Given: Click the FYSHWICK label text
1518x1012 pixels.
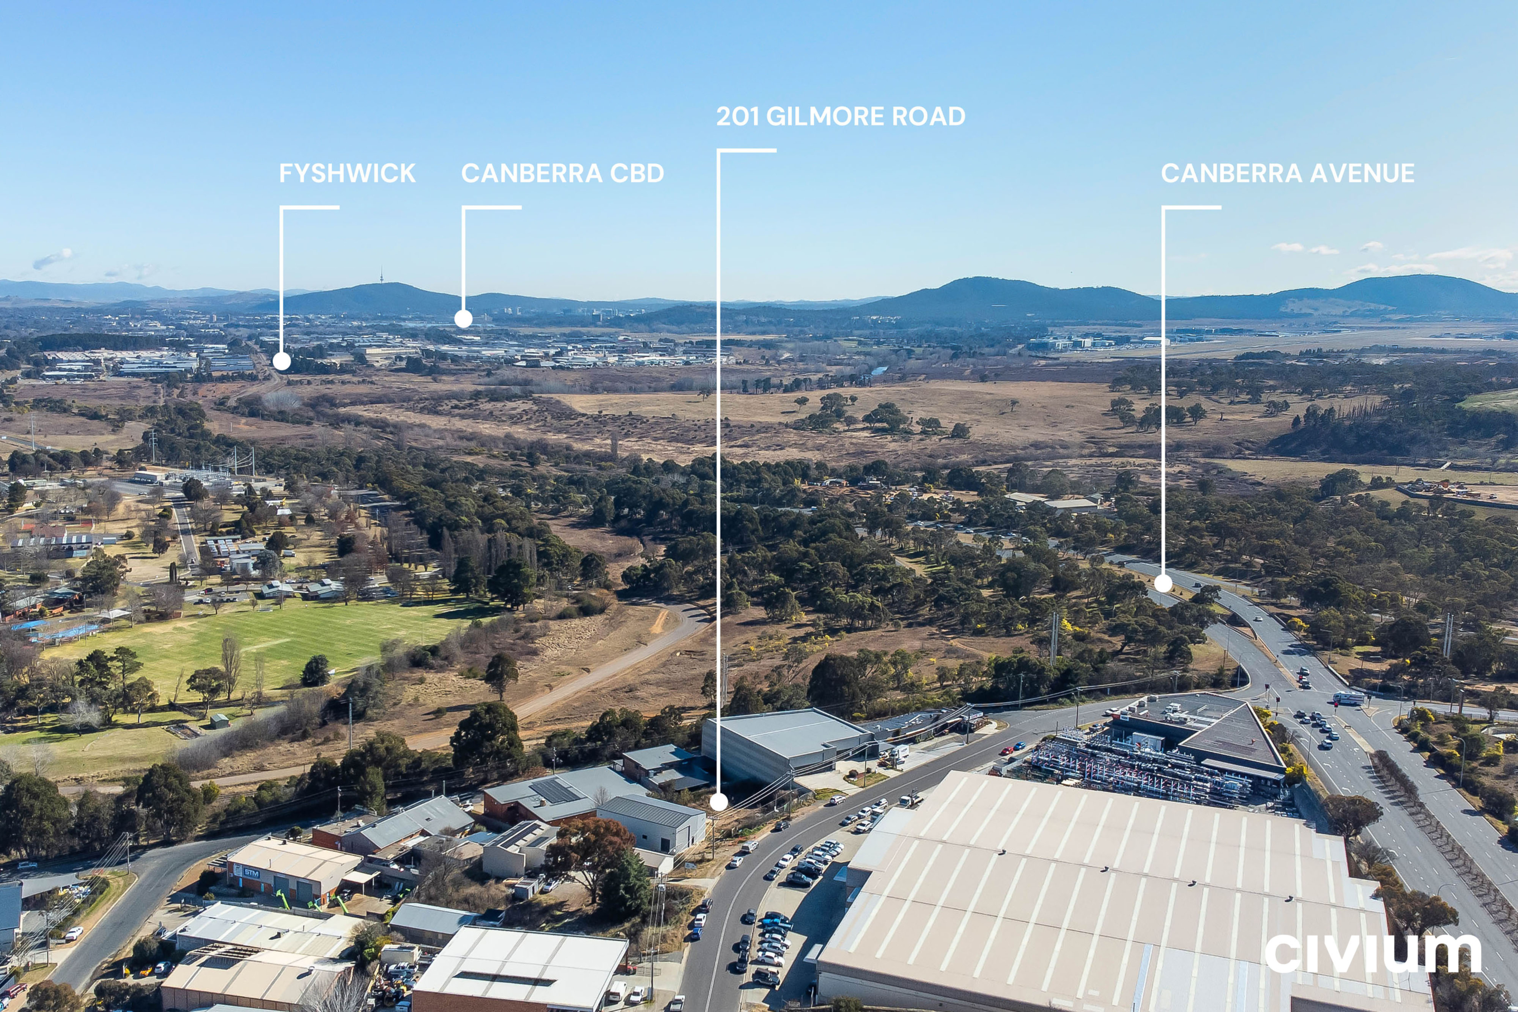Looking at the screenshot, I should (347, 173).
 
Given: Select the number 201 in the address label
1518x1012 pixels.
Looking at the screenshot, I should (737, 116).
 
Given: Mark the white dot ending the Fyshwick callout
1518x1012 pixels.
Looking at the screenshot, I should (281, 361).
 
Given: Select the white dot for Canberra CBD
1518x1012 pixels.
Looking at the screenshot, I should (463, 318).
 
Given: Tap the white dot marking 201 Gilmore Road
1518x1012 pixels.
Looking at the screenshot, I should (719, 802).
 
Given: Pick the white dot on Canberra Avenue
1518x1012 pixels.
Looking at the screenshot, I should (1163, 583).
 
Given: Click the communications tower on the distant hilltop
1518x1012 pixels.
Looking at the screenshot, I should (381, 276).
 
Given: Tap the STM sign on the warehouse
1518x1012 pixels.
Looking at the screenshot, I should (251, 873).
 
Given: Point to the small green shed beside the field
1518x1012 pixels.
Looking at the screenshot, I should (219, 721).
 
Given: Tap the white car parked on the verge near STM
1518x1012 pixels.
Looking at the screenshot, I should (73, 933).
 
